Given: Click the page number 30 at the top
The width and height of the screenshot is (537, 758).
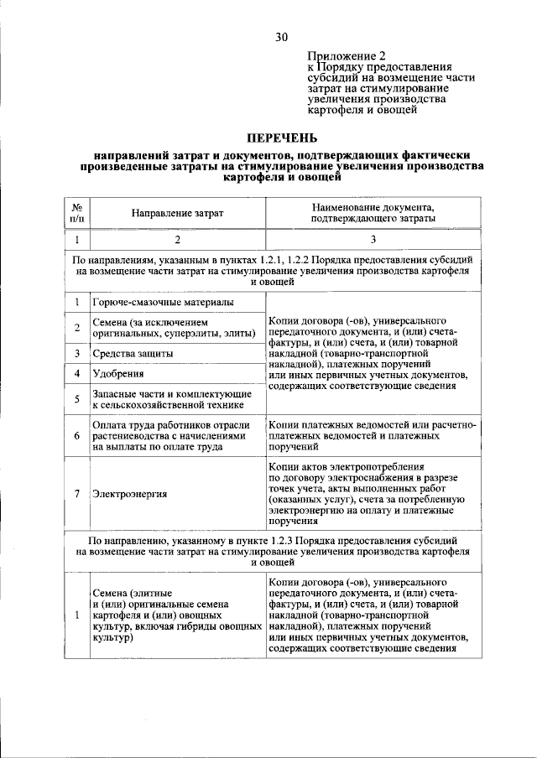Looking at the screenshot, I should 280,37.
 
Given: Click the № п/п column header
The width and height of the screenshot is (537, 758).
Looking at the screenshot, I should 76,213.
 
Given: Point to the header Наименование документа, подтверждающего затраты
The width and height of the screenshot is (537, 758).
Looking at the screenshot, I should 373,212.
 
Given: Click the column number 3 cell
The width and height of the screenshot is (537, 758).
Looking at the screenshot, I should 373,239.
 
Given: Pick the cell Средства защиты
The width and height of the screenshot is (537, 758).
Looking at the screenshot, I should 133,354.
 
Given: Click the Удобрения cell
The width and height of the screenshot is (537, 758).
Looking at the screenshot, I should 118,374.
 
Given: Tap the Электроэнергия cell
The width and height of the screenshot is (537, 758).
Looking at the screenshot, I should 130,493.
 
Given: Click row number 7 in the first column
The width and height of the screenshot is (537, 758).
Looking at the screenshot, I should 76,493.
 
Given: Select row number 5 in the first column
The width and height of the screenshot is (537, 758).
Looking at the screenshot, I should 76,399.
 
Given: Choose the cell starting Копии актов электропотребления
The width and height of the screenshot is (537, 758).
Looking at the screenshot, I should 372,493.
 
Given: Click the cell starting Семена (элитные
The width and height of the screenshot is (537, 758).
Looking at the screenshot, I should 175,615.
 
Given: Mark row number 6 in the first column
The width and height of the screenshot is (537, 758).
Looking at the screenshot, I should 76,437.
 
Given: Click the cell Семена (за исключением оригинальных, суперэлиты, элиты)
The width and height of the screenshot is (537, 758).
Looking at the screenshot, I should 174,328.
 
